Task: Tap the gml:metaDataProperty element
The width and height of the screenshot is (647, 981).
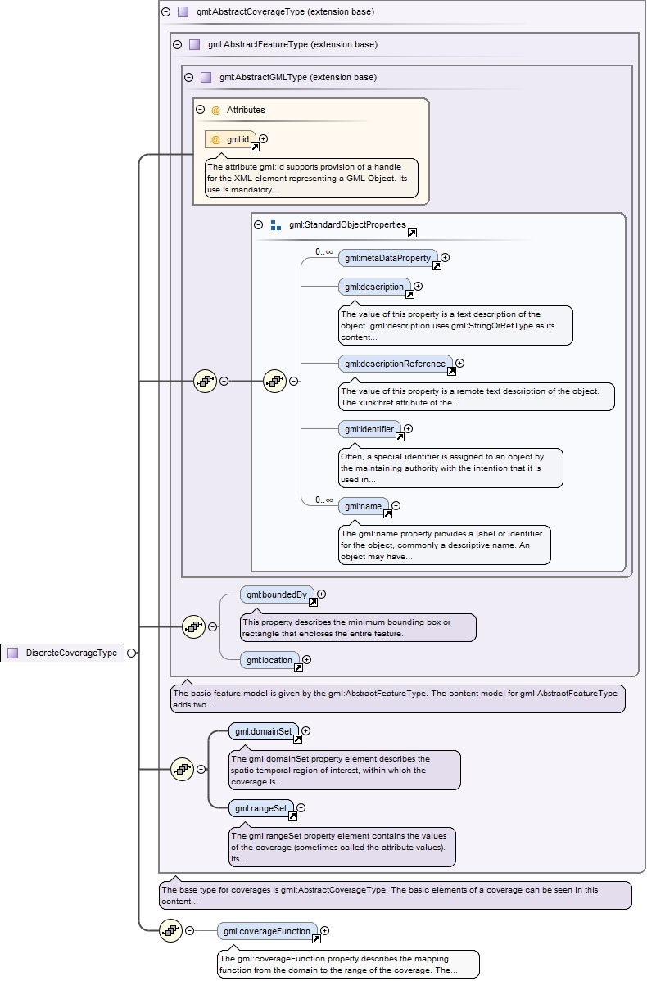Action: [x=387, y=258]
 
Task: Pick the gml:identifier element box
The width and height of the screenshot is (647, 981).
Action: [x=369, y=429]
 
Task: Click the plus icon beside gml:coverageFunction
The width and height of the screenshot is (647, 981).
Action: [x=325, y=930]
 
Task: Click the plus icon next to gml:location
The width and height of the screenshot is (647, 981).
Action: [x=307, y=659]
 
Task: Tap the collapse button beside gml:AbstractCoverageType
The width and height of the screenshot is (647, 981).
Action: [x=166, y=12]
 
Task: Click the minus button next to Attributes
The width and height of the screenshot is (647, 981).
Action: [x=200, y=109]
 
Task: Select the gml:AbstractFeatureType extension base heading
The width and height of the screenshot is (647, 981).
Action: [x=292, y=44]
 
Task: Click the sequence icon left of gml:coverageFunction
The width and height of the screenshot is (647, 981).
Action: [x=170, y=930]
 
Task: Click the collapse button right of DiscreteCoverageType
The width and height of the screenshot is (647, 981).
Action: [x=131, y=653]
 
